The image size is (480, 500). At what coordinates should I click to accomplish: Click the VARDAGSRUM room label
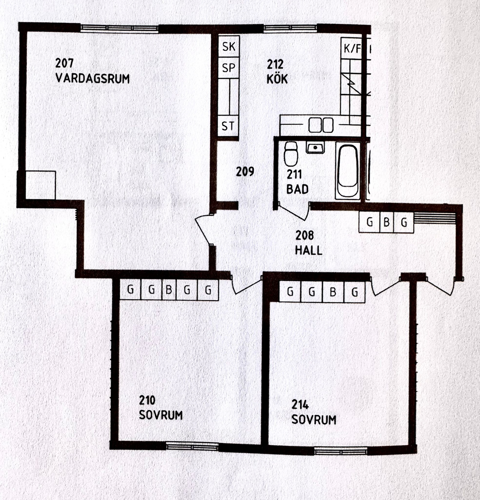point(93,79)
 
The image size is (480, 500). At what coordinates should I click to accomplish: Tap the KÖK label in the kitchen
point(277,79)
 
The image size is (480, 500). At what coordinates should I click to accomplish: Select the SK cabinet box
point(229,46)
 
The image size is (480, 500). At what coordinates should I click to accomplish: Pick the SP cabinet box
point(229,68)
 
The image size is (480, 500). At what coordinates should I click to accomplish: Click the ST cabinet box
point(228,126)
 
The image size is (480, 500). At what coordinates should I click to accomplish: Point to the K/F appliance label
point(352,48)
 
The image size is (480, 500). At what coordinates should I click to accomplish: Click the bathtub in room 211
point(348,171)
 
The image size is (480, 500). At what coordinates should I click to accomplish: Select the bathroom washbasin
point(315,148)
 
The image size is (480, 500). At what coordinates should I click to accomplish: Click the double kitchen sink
point(321,125)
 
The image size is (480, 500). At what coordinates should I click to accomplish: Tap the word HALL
point(309,250)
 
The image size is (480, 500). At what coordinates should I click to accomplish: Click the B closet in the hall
point(387,222)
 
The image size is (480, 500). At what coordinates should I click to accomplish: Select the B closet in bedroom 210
point(169,290)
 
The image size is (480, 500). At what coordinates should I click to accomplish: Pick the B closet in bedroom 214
point(333,292)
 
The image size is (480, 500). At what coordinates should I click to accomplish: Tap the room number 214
point(300,405)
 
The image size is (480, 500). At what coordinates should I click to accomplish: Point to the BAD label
point(297,189)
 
